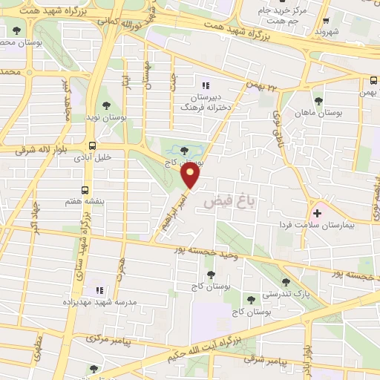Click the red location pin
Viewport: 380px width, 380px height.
click(x=191, y=177)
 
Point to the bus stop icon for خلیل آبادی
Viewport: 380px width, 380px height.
click(x=91, y=145)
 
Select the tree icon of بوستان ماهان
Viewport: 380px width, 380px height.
click(x=318, y=100)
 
